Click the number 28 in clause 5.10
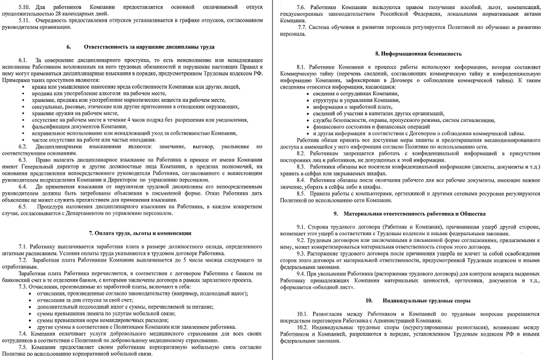[x=62, y=12]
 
